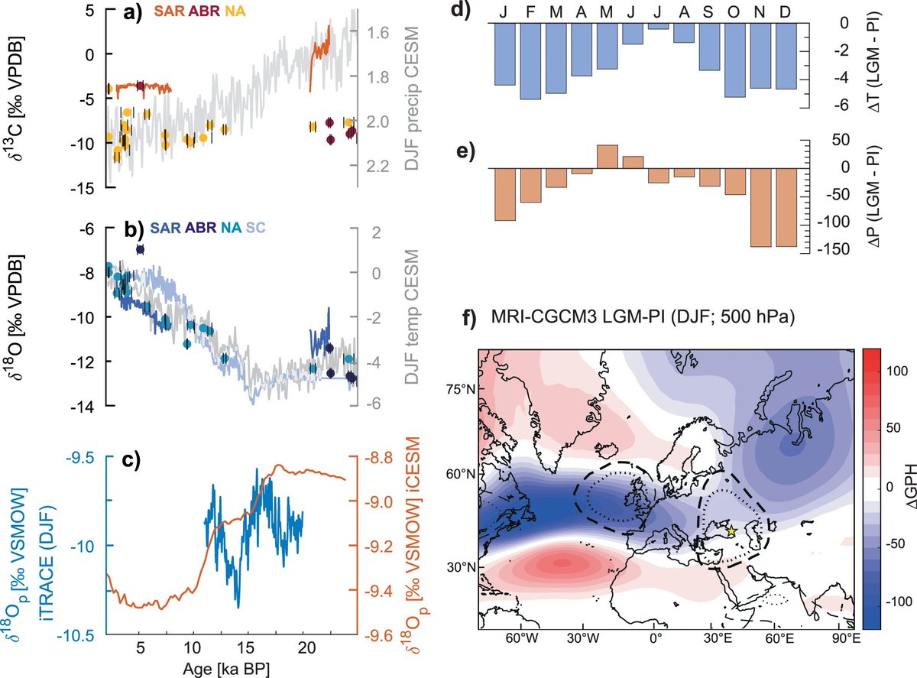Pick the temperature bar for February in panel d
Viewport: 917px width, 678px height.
coord(530,60)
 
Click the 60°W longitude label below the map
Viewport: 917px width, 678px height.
coord(520,636)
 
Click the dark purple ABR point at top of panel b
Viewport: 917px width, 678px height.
coord(140,249)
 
